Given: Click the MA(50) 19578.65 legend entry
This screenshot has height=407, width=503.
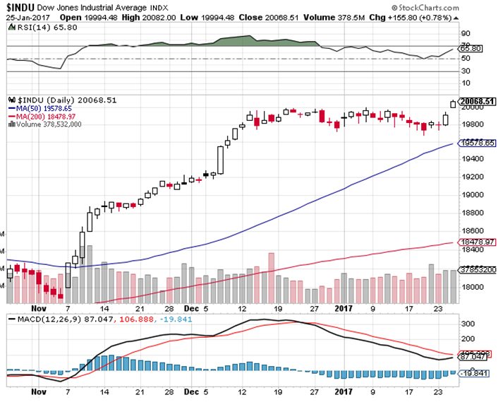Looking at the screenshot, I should pos(43,109).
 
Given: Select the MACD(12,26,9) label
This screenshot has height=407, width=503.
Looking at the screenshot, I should pos(42,319).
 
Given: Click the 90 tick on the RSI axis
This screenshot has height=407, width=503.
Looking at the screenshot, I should pos(466,33).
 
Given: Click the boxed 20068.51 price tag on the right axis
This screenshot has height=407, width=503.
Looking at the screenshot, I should pos(477,101).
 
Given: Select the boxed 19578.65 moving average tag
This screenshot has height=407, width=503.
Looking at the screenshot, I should pos(477,143).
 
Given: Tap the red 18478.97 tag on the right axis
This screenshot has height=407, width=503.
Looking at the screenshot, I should pos(477,242).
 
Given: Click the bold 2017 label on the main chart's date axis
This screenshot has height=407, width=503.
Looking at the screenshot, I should pos(344,307).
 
